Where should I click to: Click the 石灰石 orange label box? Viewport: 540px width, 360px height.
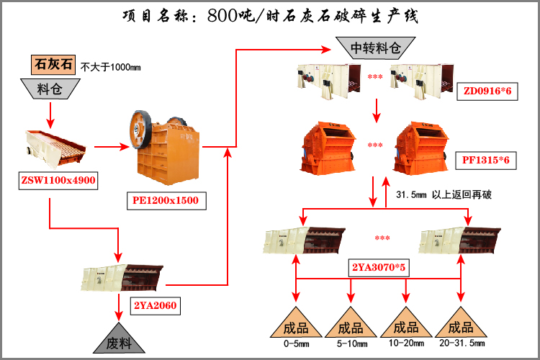[x=53, y=65]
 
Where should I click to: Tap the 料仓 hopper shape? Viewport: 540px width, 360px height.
[x=50, y=89]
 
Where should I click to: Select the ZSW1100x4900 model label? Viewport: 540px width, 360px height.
[x=58, y=179]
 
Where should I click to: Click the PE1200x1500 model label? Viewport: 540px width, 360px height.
[x=165, y=199]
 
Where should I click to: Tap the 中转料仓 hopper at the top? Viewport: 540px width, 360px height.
[x=374, y=49]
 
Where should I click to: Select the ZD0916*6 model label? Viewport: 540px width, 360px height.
[x=487, y=91]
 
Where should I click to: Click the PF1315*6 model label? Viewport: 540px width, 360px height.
[x=486, y=161]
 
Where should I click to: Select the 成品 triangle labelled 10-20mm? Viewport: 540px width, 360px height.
[x=405, y=327]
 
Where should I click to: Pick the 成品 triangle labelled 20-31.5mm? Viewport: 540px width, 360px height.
[x=460, y=327]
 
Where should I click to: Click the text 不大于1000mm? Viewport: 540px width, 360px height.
[x=110, y=67]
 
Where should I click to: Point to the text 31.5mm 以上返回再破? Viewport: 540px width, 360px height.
[x=444, y=194]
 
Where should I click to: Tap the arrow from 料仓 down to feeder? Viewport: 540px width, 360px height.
[x=50, y=112]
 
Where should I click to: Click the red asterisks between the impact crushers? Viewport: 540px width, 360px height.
[x=375, y=145]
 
